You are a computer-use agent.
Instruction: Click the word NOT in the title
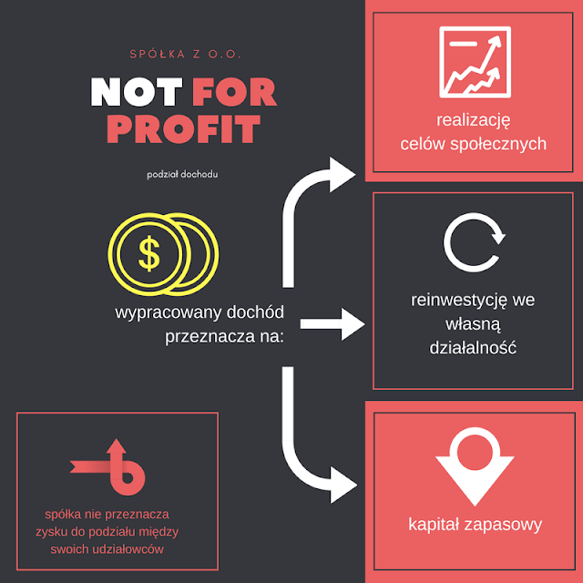tap(137, 91)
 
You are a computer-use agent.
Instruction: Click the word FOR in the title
tap(234, 91)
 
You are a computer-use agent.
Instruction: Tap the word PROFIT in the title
tap(183, 128)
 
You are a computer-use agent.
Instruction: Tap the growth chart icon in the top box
tap(473, 61)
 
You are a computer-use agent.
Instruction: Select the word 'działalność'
tap(473, 348)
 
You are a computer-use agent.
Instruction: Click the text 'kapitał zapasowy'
tap(475, 525)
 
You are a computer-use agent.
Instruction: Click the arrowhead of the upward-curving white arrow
tap(343, 172)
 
